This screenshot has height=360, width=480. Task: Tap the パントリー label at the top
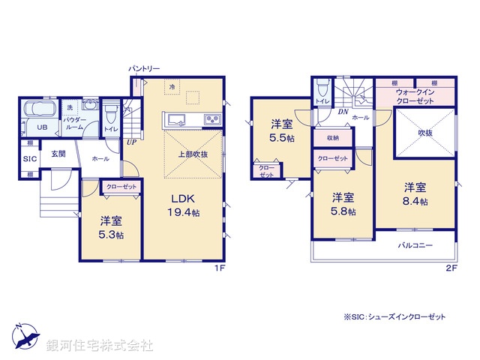(143, 68)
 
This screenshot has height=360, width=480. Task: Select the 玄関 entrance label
(58, 154)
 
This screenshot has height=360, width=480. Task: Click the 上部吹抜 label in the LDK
(193, 154)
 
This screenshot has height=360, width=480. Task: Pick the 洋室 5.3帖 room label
(111, 226)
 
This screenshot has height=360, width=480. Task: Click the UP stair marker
(130, 141)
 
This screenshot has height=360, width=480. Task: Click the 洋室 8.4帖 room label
(416, 193)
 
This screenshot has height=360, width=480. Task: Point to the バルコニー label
(414, 245)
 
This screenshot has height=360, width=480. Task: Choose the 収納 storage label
(332, 138)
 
